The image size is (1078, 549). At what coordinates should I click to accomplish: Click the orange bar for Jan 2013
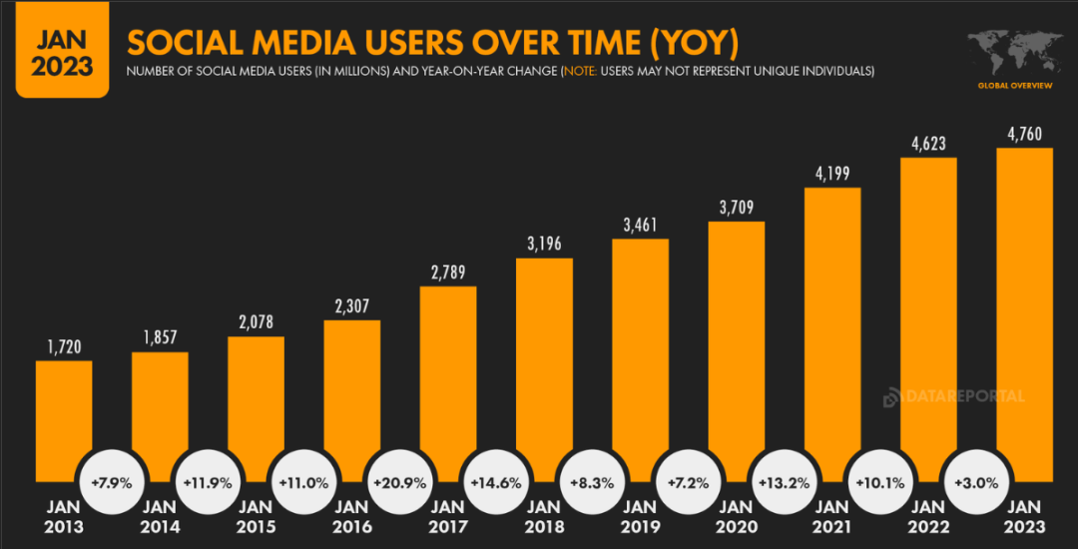[x=63, y=419]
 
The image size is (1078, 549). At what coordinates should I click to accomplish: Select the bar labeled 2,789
[x=448, y=379]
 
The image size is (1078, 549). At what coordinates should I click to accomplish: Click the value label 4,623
[x=928, y=142]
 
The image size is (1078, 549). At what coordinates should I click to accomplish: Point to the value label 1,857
[x=160, y=336]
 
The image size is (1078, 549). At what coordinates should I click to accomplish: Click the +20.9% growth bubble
[x=400, y=482]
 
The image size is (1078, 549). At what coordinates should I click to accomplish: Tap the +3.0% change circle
[x=976, y=482]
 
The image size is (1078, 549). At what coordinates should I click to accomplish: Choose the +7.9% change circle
[x=112, y=482]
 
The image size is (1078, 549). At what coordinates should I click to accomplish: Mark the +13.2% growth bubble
[x=785, y=482]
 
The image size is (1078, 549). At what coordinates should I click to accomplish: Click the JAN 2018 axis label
[x=544, y=517]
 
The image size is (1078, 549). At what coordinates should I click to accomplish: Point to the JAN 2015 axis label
[x=256, y=517]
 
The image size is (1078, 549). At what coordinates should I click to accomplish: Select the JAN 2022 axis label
[x=928, y=517]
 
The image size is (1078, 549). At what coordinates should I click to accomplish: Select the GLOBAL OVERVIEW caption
[x=1014, y=86]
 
